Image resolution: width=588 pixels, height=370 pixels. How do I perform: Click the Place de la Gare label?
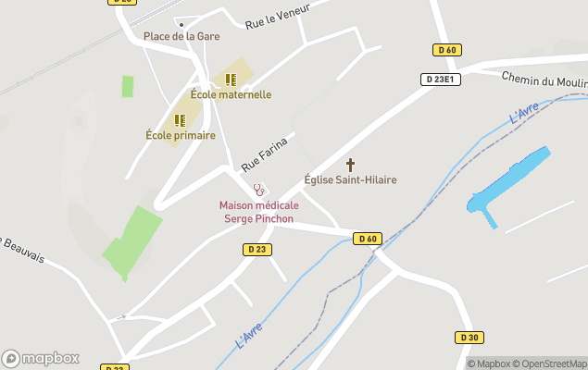click(181, 36)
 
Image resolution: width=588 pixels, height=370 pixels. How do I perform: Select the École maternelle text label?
click(231, 94)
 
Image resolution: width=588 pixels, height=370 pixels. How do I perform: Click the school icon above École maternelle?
click(231, 80)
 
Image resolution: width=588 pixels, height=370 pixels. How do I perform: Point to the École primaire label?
click(181, 135)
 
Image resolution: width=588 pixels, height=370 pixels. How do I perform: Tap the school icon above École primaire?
click(180, 120)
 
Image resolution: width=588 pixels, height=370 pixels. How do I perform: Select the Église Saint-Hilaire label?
click(350, 179)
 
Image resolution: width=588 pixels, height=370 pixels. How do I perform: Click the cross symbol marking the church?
click(350, 164)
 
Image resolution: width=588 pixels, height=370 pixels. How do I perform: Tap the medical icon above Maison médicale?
click(258, 190)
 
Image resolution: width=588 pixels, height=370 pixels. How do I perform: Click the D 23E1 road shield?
click(441, 80)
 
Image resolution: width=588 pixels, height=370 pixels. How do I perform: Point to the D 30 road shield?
click(469, 338)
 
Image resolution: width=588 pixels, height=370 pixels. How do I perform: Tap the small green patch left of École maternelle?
click(127, 86)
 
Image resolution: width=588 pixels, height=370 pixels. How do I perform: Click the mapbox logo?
click(41, 358)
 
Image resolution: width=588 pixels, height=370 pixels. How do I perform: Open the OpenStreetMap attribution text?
click(552, 364)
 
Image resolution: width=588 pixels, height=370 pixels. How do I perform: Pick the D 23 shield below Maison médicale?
click(257, 249)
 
